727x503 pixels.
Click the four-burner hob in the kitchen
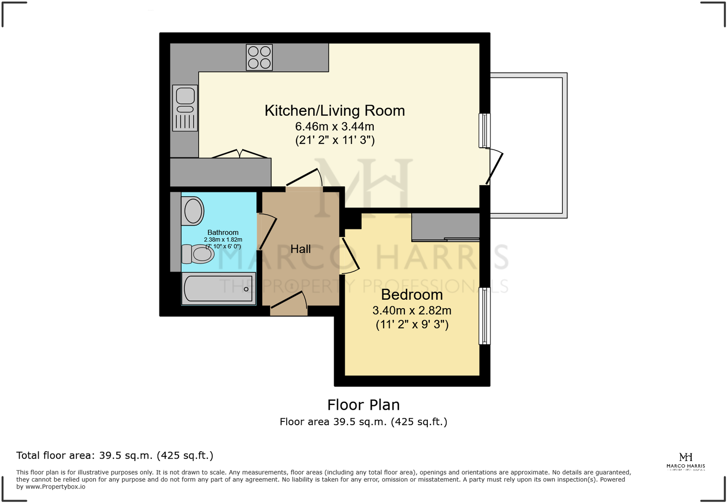coord(259,57)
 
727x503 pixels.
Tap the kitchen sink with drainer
coord(185,108)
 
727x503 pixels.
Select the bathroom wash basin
coord(192,211)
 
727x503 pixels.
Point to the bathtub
coord(219,289)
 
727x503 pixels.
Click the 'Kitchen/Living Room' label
coord(335,110)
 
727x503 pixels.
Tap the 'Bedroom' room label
coord(412,295)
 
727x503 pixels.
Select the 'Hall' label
coord(301,249)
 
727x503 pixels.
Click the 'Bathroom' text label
coord(223,232)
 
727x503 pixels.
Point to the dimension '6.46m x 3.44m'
coord(335,126)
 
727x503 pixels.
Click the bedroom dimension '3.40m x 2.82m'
coord(412,310)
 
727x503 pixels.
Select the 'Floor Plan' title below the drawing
coord(363,405)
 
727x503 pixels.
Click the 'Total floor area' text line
coord(115,455)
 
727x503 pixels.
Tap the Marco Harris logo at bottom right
coord(686,461)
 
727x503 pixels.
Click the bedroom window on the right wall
coord(485,316)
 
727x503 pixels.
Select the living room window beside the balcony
coord(485,131)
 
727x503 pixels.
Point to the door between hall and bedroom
coord(350,255)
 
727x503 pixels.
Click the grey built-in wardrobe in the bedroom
coord(445,227)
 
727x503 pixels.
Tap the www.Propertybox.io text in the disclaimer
coord(55,487)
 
